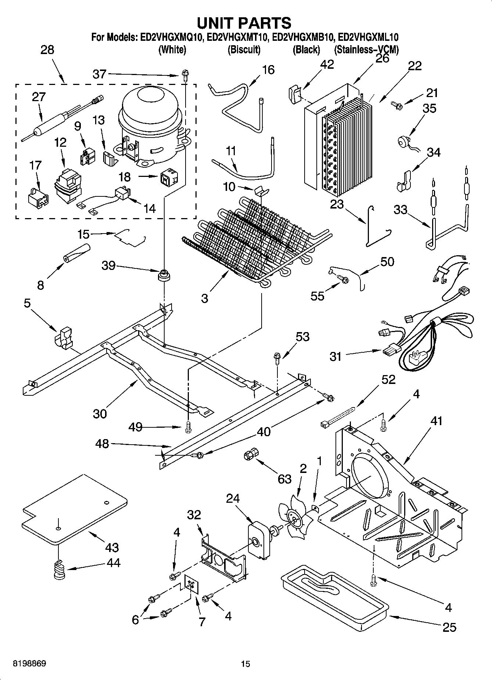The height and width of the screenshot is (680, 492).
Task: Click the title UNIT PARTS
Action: pyautogui.click(x=244, y=23)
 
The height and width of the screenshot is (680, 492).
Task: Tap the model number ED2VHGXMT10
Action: pyautogui.click(x=239, y=37)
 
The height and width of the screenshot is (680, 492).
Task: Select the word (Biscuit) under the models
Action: pyautogui.click(x=244, y=50)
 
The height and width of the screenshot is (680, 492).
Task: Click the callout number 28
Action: pyautogui.click(x=47, y=50)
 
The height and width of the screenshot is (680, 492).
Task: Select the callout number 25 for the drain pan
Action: pyautogui.click(x=449, y=627)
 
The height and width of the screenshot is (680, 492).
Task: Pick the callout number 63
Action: pyautogui.click(x=284, y=479)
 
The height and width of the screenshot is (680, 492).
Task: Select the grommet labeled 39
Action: pyautogui.click(x=164, y=275)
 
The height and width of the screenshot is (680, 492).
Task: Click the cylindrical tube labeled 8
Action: pyautogui.click(x=76, y=253)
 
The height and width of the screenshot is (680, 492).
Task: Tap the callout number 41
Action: pyautogui.click(x=436, y=420)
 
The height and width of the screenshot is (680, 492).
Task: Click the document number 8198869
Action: pyautogui.click(x=29, y=663)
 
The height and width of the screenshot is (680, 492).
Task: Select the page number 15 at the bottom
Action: pyautogui.click(x=245, y=664)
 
